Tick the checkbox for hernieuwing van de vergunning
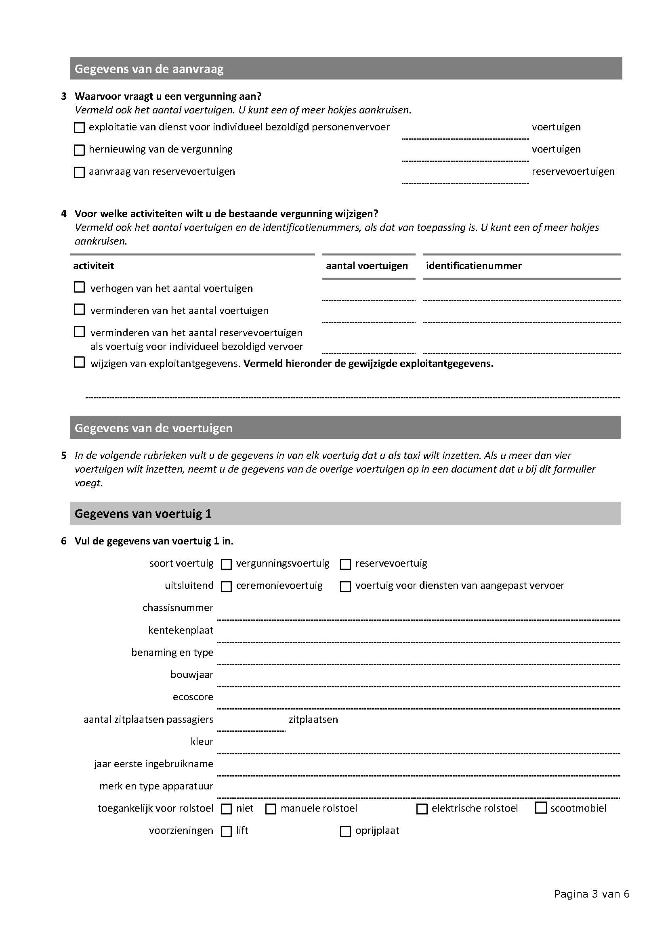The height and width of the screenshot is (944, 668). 79,150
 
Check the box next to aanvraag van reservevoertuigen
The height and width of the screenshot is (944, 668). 79,172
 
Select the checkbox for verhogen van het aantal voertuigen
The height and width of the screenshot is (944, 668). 79,287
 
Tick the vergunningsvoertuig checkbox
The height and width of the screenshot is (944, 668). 226,564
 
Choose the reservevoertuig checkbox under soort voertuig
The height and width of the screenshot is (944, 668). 346,564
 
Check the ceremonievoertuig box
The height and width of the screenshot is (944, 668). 226,587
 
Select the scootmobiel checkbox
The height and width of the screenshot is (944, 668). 540,808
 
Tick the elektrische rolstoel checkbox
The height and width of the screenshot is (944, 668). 422,809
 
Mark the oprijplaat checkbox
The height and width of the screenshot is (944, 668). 346,831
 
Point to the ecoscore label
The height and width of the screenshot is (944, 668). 193,697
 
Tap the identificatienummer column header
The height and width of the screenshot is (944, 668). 474,266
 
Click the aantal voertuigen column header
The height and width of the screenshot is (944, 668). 367,266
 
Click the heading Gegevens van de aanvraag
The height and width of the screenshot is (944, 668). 149,69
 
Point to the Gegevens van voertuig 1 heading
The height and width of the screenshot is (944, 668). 143,513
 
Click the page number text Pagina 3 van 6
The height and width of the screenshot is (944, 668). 592,894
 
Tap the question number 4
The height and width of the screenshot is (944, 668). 64,214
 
